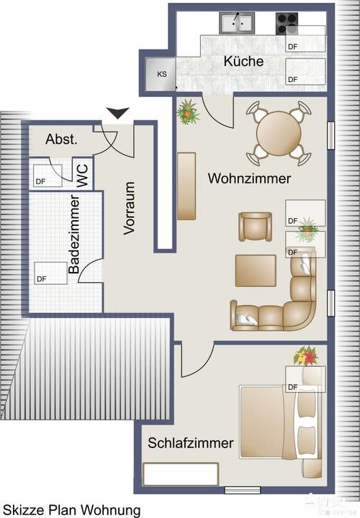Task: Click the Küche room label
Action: pyautogui.click(x=243, y=62)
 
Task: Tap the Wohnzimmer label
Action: pyautogui.click(x=249, y=178)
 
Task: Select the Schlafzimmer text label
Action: pyautogui.click(x=190, y=443)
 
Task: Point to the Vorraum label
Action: pyautogui.click(x=130, y=208)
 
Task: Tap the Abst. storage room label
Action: pyautogui.click(x=61, y=139)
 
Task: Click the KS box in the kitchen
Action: pyautogui.click(x=161, y=73)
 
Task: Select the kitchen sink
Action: pyautogui.click(x=237, y=23)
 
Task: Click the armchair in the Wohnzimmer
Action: pyautogui.click(x=256, y=228)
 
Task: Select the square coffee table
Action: pyautogui.click(x=256, y=271)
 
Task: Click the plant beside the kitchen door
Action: pyautogui.click(x=189, y=112)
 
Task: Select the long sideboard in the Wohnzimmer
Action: pyautogui.click(x=186, y=186)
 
